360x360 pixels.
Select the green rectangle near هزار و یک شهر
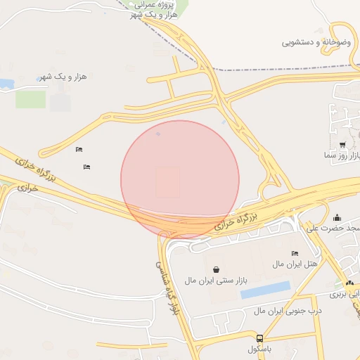pyautogui.click(x=30, y=99)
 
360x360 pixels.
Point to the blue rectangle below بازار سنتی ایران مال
pyautogui.click(x=265, y=290)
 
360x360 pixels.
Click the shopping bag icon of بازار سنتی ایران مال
pyautogui.click(x=215, y=269)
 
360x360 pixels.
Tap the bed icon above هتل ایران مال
pyautogui.click(x=295, y=253)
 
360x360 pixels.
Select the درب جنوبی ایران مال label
pyautogui.click(x=288, y=310)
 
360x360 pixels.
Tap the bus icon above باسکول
pyautogui.click(x=260, y=338)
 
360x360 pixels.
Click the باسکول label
pyautogui.click(x=260, y=349)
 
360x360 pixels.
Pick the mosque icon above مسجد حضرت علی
pyautogui.click(x=337, y=217)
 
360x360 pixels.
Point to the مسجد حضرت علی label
pyautogui.click(x=335, y=228)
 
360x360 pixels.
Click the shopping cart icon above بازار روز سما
pyautogui.click(x=342, y=144)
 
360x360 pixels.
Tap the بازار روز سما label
pyautogui.click(x=342, y=155)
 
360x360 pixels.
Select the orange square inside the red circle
pyautogui.click(x=167, y=181)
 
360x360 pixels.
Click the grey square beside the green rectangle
pyautogui.click(x=60, y=103)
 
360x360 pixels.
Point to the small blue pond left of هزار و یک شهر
pyautogui.click(x=6, y=84)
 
